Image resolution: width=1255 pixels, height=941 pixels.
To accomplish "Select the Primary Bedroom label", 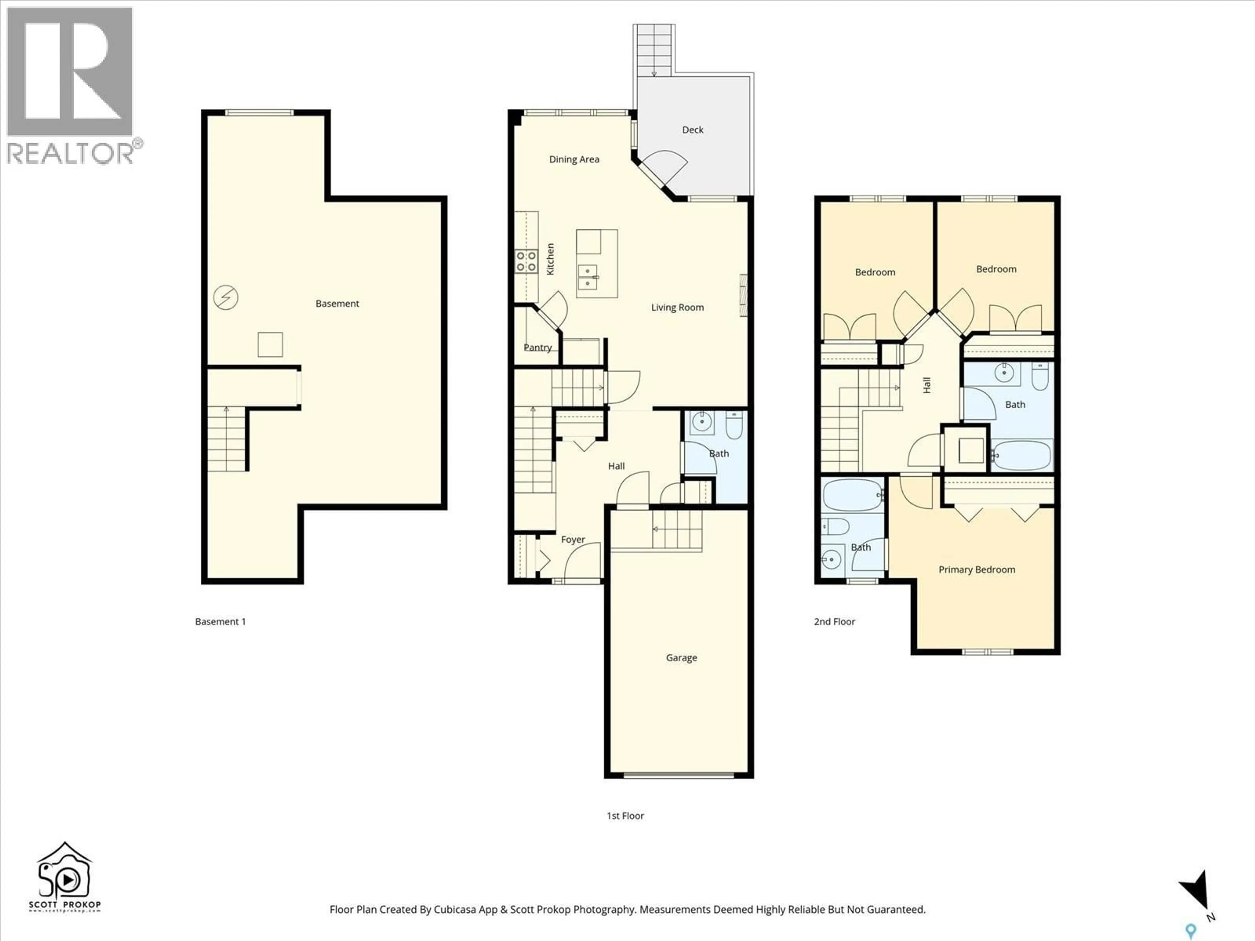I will coord(977,570).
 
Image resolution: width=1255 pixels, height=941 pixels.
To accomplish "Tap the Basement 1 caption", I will coord(220,622).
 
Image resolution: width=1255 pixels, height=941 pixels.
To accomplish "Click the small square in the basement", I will coord(270,344).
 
